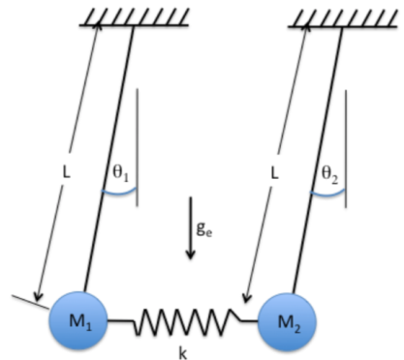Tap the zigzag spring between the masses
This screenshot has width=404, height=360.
tap(184, 316)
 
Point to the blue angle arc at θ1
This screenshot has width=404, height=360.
tap(120, 195)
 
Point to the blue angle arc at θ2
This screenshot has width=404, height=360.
tap(328, 195)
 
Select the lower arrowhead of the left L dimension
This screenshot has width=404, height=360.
tap(39, 295)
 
